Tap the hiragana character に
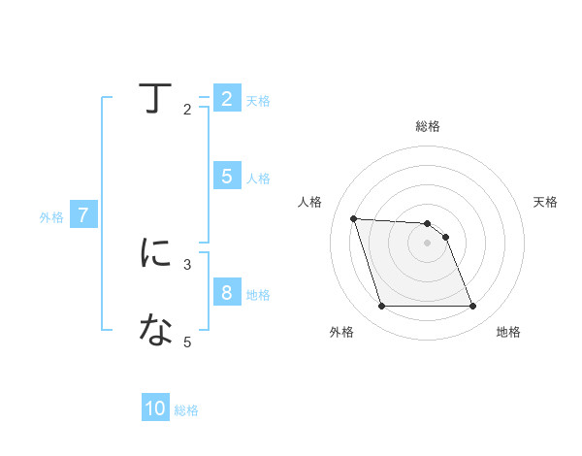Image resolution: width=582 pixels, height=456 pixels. pos(156,253)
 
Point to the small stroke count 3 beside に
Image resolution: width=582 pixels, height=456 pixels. pos(187,263)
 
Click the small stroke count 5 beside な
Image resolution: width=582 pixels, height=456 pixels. pos(187,342)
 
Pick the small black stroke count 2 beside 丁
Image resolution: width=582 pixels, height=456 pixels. pos(187,110)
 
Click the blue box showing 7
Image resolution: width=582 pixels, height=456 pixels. pos(83,216)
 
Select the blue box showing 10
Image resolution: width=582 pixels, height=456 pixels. pos(155,408)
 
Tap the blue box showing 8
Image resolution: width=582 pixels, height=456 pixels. pos(226,293)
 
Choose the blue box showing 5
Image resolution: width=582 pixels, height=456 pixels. pos(226,177)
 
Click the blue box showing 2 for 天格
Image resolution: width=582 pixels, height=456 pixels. pos(226,99)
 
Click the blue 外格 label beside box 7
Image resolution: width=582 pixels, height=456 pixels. pos(51,217)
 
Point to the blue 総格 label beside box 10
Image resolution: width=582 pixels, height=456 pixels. pos(186,410)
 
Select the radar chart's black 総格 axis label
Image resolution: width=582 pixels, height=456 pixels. pos(428,126)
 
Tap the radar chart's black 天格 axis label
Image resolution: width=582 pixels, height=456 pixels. pos(546,202)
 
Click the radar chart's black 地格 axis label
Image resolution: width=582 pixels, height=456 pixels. pos(508,333)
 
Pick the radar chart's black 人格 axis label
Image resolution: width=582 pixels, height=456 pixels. pos(309,202)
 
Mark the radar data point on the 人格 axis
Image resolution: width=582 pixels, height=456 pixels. pos(353,218)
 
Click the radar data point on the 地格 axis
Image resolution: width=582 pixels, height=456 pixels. pos(472,307)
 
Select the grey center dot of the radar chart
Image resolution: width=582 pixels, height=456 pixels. pos(428,244)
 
